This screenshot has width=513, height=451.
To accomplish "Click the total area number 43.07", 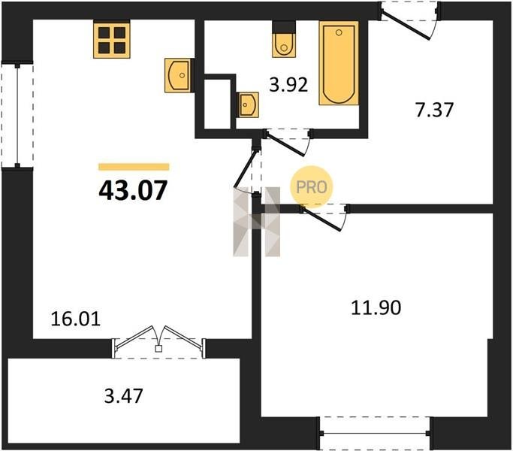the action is point(133,190).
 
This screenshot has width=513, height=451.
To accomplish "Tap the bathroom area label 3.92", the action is point(288,84).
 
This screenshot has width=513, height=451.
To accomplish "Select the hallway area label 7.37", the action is point(434,110).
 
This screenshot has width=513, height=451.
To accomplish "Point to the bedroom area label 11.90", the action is point(376,307).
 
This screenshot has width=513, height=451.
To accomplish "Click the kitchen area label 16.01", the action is point(76,319).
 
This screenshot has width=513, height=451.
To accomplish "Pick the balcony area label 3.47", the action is point(124,395).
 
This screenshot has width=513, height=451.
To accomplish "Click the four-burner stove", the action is point(112,39).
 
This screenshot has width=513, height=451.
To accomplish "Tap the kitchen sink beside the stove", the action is point(178,75).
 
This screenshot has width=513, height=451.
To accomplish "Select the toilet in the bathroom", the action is point(284,40).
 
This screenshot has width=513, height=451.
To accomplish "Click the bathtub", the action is point(339,63).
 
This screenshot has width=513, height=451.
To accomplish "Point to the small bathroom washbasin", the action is point(247,104).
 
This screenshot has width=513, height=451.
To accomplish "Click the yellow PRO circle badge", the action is point(312,187).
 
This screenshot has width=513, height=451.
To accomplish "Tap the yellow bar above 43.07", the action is point(134,167).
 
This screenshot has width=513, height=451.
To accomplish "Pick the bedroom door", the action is point(324,217).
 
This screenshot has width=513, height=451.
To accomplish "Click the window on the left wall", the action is point(17,115).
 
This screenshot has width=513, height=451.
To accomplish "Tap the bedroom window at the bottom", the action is point(375,433).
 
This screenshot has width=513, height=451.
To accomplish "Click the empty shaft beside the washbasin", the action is point(218,104).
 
